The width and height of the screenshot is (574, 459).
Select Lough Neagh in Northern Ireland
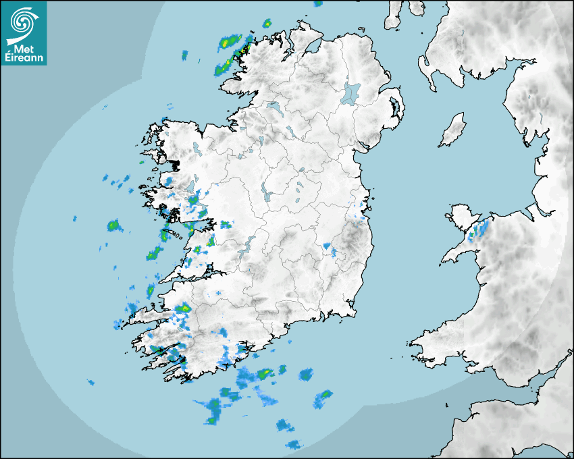pyautogui.click(x=352, y=92)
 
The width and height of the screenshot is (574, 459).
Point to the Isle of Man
pyautogui.click(x=453, y=130)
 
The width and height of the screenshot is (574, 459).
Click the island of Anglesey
pyautogui.click(x=463, y=216)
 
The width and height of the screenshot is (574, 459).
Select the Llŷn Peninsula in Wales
pyautogui.click(x=459, y=253)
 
